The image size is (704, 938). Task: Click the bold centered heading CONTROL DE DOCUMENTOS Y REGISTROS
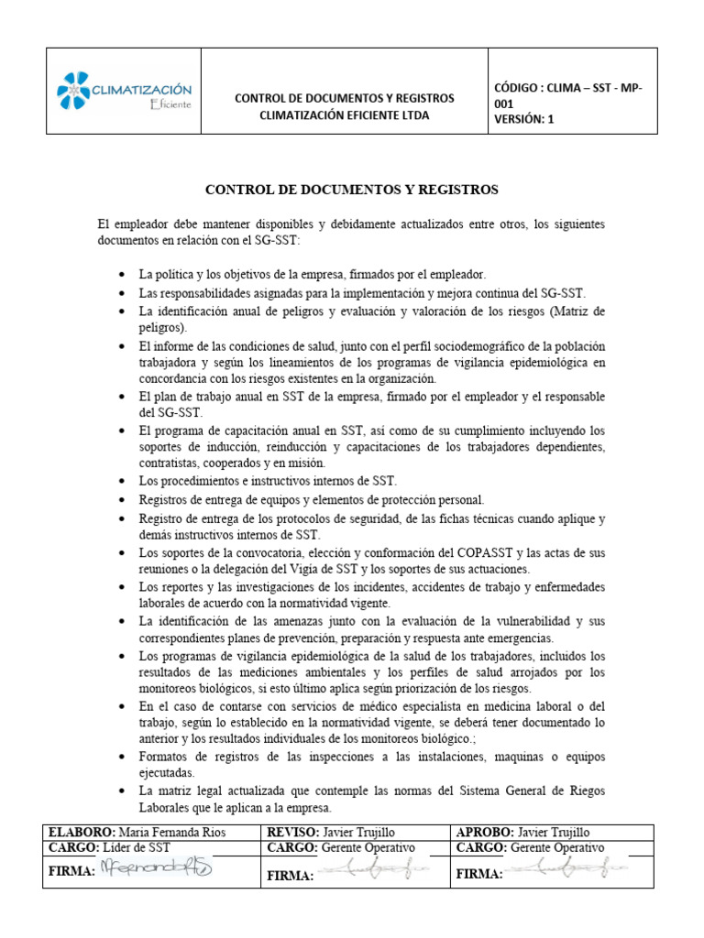[352, 190]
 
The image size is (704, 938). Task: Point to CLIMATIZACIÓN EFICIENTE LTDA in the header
[344, 115]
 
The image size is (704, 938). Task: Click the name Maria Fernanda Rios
[174, 832]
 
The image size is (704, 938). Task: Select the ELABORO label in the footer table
[82, 832]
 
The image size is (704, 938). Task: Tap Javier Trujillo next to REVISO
[365, 832]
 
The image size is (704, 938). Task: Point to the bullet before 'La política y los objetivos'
[124, 275]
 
